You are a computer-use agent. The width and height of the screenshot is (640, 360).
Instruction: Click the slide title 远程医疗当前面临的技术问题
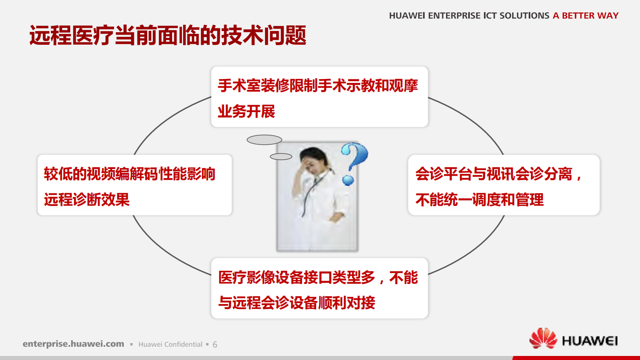click(x=167, y=35)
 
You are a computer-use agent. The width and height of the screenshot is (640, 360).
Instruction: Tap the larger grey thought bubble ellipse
click(x=264, y=140)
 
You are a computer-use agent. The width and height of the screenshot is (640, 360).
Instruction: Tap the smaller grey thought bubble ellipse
click(x=281, y=156)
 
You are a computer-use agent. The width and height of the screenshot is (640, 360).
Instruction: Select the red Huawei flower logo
click(x=543, y=338)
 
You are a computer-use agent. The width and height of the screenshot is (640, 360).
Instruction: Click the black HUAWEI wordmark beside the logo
click(x=590, y=341)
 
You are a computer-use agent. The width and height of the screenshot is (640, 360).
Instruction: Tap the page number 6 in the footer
click(x=215, y=345)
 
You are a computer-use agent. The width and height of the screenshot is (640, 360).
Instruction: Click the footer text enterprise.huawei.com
click(x=73, y=344)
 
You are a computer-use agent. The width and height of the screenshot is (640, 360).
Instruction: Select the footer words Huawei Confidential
click(x=170, y=344)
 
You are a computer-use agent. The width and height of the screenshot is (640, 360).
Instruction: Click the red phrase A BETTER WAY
click(x=586, y=16)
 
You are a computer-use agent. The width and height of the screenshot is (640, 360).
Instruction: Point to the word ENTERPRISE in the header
click(x=454, y=16)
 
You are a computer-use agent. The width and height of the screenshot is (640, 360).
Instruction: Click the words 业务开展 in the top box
click(x=246, y=112)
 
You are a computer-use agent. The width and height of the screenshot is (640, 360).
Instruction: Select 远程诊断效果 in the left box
click(x=87, y=200)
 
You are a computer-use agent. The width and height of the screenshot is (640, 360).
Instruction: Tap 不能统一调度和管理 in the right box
click(x=479, y=200)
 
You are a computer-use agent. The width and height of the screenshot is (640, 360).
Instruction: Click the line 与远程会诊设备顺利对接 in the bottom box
click(x=296, y=303)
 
